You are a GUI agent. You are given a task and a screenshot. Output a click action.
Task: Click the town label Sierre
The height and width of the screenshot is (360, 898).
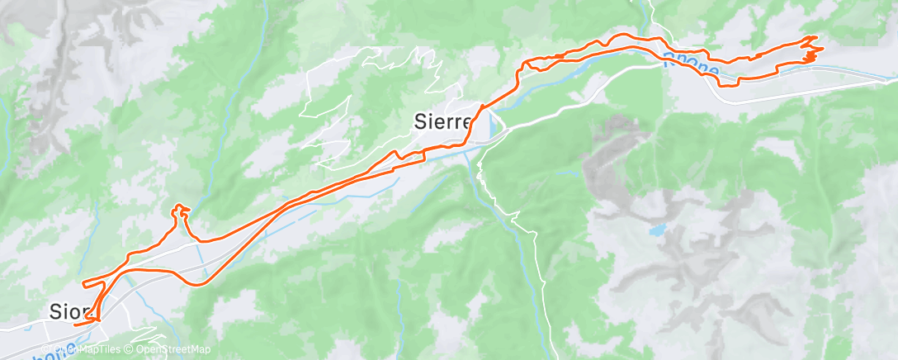click(x=441, y=122)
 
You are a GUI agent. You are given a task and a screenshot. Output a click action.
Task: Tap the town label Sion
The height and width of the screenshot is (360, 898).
click(x=67, y=311)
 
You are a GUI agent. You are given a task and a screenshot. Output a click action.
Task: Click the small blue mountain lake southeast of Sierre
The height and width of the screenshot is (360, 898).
click(x=657, y=230)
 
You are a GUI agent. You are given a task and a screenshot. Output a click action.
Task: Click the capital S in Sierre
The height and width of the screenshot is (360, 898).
click(x=418, y=122)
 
